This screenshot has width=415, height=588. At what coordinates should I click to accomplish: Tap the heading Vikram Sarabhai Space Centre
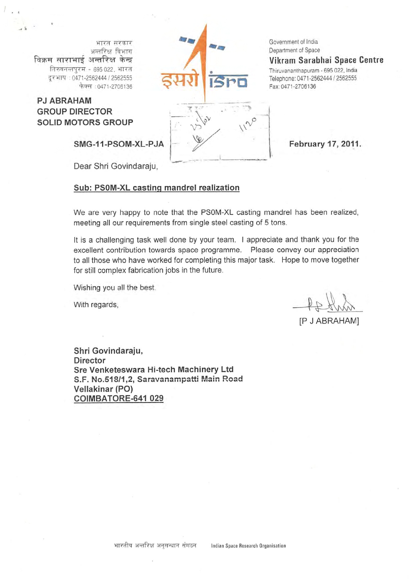[326, 60]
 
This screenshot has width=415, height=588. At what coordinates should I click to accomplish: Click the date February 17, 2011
[325, 144]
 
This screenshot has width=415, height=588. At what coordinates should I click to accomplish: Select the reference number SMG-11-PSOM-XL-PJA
[119, 144]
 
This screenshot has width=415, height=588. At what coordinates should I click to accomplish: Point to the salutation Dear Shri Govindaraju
[115, 166]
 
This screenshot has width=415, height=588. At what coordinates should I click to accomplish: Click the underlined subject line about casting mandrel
[156, 188]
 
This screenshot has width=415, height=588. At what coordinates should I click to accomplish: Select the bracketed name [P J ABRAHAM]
[329, 321]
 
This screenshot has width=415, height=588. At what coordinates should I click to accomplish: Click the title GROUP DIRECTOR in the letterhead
[74, 112]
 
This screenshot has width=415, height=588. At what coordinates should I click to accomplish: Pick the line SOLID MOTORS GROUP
[85, 122]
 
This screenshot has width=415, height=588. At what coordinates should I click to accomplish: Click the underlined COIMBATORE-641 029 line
[118, 398]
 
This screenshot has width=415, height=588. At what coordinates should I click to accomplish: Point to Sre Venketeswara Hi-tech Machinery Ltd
[154, 370]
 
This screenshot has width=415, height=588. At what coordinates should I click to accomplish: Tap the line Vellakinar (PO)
[103, 389]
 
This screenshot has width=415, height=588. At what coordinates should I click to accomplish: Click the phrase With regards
[96, 305]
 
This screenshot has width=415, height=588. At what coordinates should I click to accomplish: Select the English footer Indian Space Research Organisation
[248, 546]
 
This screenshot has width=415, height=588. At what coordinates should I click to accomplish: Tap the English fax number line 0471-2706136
[292, 86]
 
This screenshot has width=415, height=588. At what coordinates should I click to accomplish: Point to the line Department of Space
[294, 50]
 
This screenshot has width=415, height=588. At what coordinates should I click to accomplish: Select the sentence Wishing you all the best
[114, 287]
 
